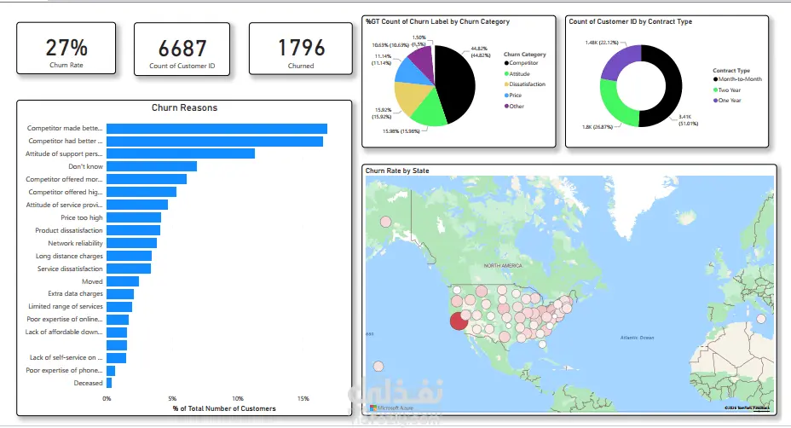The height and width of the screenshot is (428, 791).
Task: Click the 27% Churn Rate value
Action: click(66, 47)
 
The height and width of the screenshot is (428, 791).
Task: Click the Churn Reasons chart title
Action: click(184, 107)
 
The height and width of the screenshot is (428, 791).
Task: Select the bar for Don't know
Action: click(152, 166)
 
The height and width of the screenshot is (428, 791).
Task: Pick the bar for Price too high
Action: click(134, 217)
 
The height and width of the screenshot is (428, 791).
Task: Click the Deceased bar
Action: click(109, 383)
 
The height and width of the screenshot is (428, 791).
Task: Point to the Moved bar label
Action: click(92, 281)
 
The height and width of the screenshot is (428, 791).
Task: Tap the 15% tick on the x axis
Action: click(303, 398)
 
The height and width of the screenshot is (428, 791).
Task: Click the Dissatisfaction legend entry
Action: click(527, 84)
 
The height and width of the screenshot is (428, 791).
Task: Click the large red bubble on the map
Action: click(459, 320)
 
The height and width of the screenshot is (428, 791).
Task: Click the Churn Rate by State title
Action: click(397, 171)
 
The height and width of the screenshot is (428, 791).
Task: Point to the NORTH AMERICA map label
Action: click(503, 266)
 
